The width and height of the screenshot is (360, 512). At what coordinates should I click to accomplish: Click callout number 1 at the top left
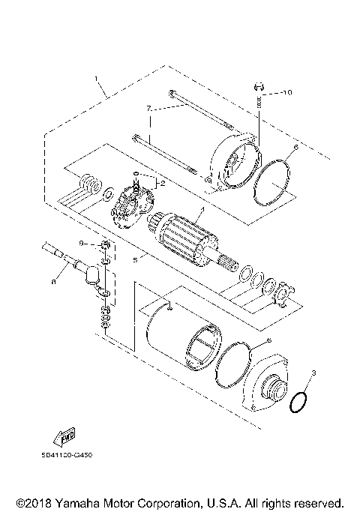(x=96, y=78)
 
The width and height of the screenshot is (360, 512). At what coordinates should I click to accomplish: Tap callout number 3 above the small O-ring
(x=314, y=373)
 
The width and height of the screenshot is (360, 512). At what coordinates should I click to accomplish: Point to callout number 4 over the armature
(x=200, y=212)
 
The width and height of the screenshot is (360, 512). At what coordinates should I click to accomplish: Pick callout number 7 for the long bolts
(x=149, y=109)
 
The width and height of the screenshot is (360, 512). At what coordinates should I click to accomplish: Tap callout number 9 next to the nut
(x=84, y=244)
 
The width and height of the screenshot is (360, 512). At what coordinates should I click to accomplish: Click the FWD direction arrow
(x=66, y=437)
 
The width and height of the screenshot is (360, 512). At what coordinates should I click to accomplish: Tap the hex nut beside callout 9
(x=105, y=245)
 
